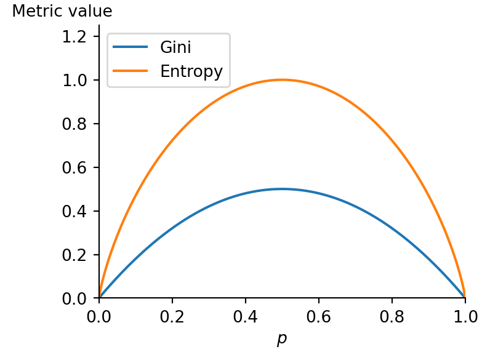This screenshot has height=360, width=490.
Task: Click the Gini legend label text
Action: tap(175, 47)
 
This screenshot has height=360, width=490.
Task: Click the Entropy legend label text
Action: tap(191, 71)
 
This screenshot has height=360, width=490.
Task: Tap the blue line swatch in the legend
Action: tap(131, 47)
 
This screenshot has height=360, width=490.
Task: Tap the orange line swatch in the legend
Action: tap(131, 71)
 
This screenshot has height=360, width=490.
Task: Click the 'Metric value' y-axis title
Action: tap(62, 11)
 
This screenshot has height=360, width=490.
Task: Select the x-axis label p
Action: tap(282, 339)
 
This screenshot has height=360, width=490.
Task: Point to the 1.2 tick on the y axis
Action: tap(77, 36)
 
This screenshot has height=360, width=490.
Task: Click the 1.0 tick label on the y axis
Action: tap(77, 80)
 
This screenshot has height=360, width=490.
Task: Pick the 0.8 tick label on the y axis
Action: tap(77, 124)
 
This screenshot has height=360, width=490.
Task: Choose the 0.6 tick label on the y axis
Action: tap(77, 167)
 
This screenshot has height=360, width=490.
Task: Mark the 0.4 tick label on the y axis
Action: tap(77, 211)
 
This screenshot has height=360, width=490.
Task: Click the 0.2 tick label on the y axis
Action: tap(77, 255)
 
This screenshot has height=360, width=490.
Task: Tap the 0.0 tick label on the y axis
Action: tap(77, 298)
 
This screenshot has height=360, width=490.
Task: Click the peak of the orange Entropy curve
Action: tap(282, 79)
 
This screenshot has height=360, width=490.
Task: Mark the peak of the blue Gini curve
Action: tap(282, 189)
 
